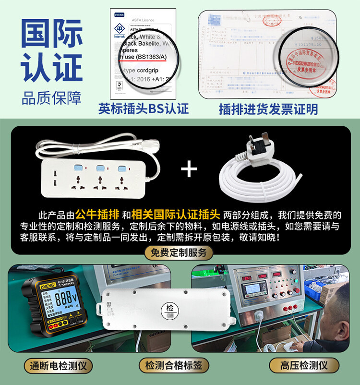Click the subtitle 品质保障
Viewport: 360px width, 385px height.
[51, 97]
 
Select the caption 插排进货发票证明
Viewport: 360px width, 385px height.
[268, 108]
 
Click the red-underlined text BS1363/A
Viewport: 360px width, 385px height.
[144, 57]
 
